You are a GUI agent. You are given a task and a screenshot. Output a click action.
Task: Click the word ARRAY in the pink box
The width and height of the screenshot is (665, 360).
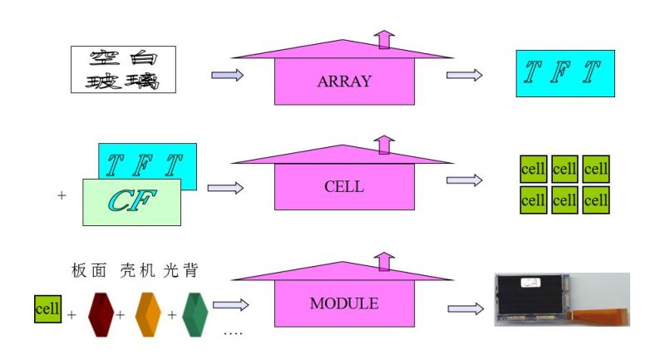pos(344,81)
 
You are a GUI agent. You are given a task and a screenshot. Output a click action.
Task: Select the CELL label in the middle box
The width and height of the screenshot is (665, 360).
pos(344,186)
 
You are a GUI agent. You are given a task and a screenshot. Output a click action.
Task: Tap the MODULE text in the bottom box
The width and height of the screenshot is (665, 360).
pos(344,303)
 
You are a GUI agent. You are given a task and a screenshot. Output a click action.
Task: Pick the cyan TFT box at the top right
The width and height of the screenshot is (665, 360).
pos(565,73)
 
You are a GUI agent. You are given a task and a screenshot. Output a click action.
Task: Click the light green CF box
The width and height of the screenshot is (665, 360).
pos(131,201)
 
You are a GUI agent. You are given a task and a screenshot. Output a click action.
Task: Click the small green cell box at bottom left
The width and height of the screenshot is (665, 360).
pos(47,309)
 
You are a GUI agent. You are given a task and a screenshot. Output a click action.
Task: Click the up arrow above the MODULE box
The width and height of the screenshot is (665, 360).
pos(383,260)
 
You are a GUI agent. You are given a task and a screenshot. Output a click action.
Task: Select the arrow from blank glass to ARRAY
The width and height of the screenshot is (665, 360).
pos(227,76)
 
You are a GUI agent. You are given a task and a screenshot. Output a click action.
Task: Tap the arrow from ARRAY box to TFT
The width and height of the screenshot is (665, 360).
pos(465,75)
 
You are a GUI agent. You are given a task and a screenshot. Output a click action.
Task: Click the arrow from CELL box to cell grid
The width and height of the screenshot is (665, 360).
pos(465,180)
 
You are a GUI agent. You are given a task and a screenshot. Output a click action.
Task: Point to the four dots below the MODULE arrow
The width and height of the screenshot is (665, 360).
pos(234,333)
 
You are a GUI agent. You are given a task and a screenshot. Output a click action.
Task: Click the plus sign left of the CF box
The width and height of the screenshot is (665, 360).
pos(61,196)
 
